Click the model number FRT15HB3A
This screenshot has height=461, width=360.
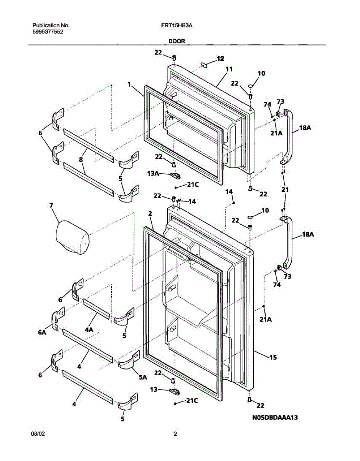[x=177, y=25]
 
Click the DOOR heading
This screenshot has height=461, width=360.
[x=177, y=41]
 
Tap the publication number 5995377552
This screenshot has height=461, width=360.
[x=48, y=32]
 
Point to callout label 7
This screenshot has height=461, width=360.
[x=51, y=206]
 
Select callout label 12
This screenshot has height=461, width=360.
[x=220, y=58]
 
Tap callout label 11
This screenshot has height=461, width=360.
[x=229, y=69]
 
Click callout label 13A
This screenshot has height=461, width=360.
[x=154, y=174]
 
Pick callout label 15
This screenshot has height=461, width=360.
[x=273, y=357]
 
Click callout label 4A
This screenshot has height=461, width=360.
[x=89, y=329]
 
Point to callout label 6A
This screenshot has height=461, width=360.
[x=43, y=333]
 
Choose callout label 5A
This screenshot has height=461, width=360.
[x=142, y=377]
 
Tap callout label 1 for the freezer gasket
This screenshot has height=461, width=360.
[x=129, y=84]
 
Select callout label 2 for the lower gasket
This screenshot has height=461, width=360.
[x=150, y=213]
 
